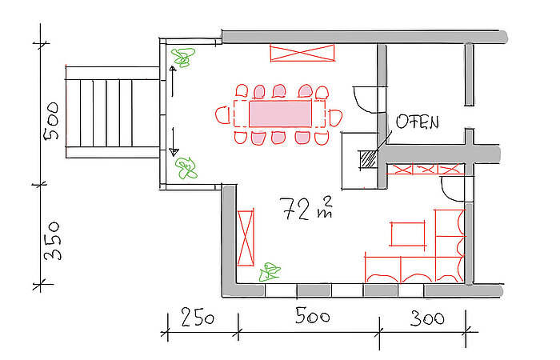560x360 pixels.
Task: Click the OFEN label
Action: [418, 122]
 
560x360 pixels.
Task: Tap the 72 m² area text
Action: [307, 209]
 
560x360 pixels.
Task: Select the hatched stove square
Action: [367, 159]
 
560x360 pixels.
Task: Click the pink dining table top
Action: [280, 114]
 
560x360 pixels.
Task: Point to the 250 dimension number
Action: [198, 317]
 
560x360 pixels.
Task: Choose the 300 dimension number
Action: [427, 318]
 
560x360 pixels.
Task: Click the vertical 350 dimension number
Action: [52, 241]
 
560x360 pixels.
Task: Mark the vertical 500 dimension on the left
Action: [51, 121]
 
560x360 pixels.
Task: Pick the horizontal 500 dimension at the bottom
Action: [313, 316]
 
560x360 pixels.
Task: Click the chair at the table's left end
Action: [223, 114]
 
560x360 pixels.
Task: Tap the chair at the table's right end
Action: [336, 118]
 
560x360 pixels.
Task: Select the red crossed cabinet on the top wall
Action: [302, 53]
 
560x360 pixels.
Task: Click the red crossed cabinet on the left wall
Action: [246, 238]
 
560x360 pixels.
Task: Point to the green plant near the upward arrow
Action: [183, 57]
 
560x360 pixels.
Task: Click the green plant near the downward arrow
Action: [186, 168]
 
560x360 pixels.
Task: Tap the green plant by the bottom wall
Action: [270, 272]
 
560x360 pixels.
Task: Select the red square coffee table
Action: [408, 234]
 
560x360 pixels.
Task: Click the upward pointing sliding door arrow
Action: [173, 82]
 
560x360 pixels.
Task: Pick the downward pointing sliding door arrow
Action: [174, 142]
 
